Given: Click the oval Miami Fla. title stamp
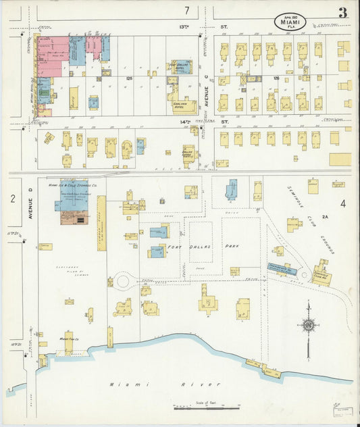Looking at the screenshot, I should tap(290, 22).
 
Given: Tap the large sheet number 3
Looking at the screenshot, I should tap(343, 13).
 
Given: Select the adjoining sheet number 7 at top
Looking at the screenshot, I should tap(186, 10).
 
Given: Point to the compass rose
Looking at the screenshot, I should tap(309, 326).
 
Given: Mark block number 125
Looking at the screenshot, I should tap(128, 78).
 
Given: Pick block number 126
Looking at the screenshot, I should tap(276, 78).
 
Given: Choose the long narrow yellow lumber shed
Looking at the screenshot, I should tap(101, 223).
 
